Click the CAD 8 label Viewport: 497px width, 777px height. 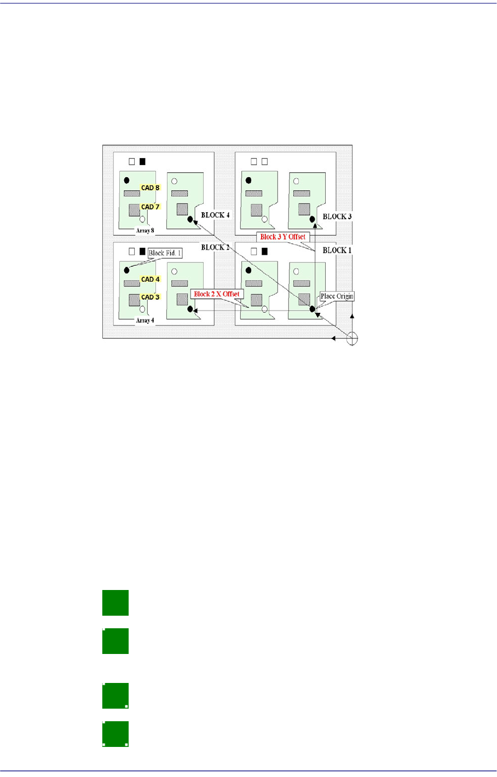point(151,188)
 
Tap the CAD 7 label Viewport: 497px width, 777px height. point(151,207)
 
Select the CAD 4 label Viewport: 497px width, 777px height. point(151,279)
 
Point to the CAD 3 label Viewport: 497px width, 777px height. point(151,297)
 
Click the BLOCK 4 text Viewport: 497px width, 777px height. point(215,215)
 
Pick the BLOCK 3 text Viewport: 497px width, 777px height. point(337,217)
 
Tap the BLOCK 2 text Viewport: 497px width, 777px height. point(215,248)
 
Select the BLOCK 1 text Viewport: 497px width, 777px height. point(337,250)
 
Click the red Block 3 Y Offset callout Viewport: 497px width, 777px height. point(282,237)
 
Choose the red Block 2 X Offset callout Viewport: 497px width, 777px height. point(217,294)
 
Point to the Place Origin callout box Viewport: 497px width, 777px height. point(337,296)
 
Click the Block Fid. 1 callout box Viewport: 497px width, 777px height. point(165,253)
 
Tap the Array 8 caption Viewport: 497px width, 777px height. point(145,231)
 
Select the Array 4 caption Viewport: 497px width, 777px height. point(145,320)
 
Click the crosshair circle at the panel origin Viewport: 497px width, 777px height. point(352,338)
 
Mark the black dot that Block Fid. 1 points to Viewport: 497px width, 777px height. point(127,270)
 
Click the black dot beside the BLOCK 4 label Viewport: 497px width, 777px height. point(190,219)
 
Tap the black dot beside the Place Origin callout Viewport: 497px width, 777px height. point(313,309)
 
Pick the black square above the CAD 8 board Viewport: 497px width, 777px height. point(143,161)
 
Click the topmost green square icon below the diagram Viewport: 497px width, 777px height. point(115,603)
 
